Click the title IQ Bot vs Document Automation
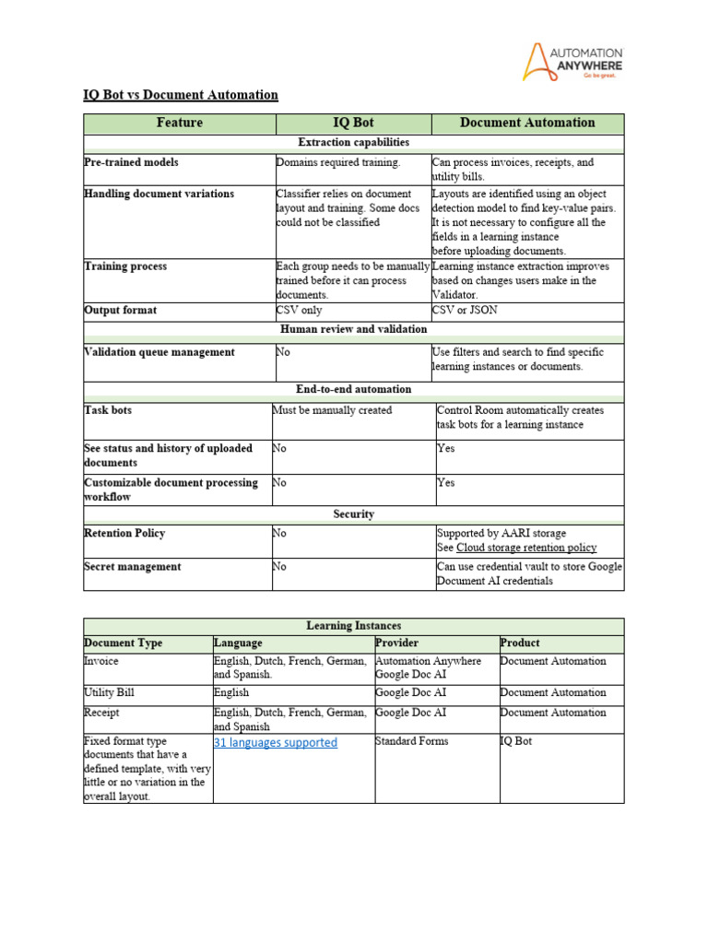(181, 95)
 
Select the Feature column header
(180, 123)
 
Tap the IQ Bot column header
(353, 123)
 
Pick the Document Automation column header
(527, 123)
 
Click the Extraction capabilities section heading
(354, 143)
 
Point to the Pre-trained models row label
(131, 162)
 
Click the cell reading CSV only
(300, 311)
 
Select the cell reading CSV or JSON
(465, 311)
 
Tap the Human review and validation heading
(354, 329)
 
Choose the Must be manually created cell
(332, 410)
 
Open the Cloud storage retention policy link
(526, 548)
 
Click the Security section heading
(354, 514)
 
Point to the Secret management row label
(133, 567)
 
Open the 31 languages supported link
(276, 743)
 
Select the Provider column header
(397, 643)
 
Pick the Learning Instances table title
(354, 626)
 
